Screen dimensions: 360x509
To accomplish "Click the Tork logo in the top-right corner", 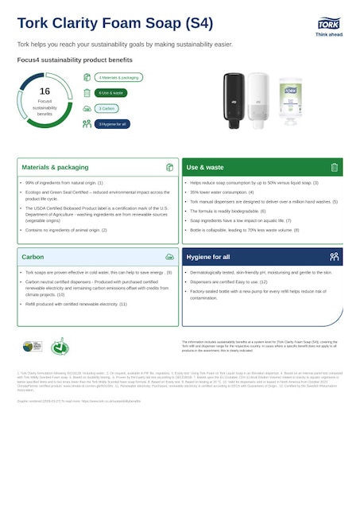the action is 329,25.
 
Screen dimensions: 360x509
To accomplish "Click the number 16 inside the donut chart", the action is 45,91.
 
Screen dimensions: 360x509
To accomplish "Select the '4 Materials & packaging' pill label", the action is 119,78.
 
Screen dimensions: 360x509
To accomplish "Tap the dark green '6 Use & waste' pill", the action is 111,93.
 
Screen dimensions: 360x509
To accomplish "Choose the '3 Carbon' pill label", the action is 107,108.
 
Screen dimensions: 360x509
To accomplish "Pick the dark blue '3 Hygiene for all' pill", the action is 112,123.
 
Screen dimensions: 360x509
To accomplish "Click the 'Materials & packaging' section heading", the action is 55,168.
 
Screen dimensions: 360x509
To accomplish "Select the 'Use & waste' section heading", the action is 205,168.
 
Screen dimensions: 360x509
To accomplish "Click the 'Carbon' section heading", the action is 33,258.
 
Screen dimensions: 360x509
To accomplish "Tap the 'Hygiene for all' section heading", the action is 208,258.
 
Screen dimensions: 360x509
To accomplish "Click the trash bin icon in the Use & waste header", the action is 335,168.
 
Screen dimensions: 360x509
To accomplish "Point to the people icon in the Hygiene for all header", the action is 335,257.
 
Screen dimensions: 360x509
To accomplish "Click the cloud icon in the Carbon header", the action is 169,258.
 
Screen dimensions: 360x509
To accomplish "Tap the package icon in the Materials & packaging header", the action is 169,168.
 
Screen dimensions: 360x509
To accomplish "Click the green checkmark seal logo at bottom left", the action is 60,347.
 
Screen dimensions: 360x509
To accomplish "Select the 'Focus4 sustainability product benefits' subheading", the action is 75,60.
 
